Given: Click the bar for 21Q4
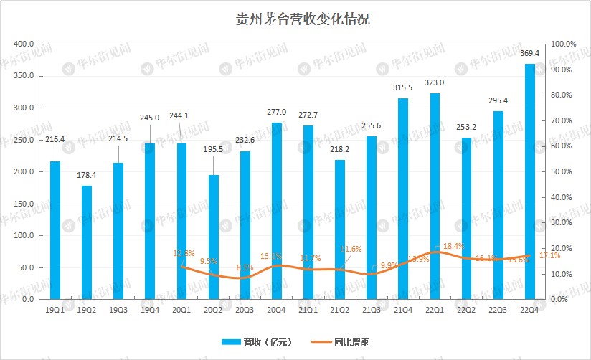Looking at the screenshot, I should click(x=403, y=198).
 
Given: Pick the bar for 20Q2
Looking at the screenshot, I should click(x=213, y=237).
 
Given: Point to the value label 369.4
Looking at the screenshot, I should click(x=529, y=55).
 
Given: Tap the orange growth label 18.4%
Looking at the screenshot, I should click(x=454, y=247).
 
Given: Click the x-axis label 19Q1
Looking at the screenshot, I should click(x=55, y=309).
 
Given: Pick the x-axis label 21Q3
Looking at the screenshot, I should click(x=371, y=309).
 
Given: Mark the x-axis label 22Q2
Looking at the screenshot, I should click(x=465, y=309).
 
